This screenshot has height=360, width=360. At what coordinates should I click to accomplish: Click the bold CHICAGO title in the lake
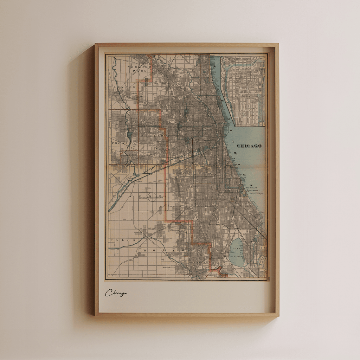tap(249, 146)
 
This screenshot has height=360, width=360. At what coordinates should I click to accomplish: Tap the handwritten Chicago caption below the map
tap(116, 293)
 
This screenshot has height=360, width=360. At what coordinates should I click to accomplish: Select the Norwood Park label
tap(137, 69)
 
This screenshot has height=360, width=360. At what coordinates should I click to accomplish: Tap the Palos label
tap(118, 240)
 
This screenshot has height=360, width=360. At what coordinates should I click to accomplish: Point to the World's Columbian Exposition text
tap(254, 191)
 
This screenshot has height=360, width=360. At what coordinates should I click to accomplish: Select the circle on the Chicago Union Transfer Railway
tap(152, 197)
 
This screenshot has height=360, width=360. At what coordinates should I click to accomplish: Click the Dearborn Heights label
tap(138, 233)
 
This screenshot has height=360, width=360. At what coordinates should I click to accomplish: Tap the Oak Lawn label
tap(152, 228)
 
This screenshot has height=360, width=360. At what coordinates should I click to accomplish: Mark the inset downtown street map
tap(244, 90)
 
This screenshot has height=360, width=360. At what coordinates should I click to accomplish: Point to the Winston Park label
tap(168, 268)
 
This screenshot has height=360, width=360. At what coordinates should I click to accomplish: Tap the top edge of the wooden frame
tap(186, 45)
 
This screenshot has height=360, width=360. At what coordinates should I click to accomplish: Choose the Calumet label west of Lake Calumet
tap(204, 262)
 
